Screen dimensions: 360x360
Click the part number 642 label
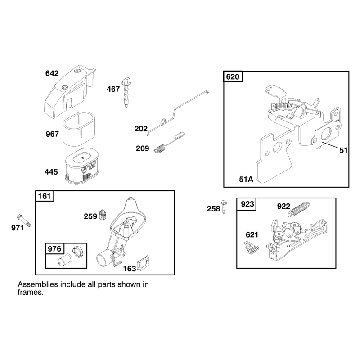52,73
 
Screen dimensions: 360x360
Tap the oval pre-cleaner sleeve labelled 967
79,129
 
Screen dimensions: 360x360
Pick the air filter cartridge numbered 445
82,166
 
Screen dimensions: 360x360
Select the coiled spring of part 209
160,148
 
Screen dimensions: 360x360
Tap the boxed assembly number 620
233,76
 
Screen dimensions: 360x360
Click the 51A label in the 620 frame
246,179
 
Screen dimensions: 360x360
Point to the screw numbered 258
224,207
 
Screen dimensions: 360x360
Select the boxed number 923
247,204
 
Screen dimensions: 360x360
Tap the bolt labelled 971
24,220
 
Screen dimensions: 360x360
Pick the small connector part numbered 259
103,215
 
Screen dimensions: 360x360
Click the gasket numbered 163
143,263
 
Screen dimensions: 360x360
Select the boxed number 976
54,249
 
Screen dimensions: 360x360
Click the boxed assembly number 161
44,196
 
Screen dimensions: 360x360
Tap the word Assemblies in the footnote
38,284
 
